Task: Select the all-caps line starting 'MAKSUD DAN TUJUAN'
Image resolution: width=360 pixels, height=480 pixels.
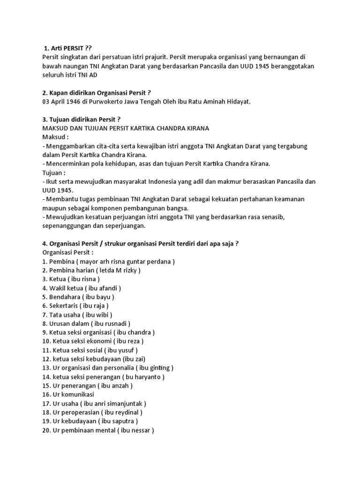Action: tap(126, 128)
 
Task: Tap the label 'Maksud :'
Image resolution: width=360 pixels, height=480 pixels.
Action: tap(55, 137)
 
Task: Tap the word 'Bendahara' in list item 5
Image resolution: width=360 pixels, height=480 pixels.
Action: tap(65, 297)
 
